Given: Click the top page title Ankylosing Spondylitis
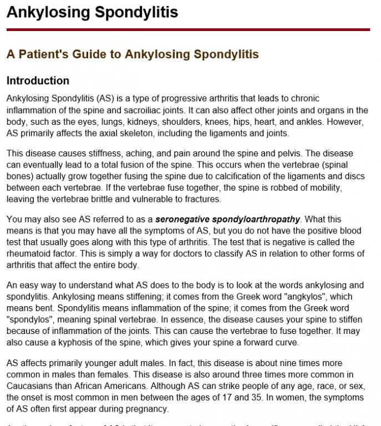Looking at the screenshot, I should (92, 12).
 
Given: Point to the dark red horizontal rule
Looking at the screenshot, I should (188, 29).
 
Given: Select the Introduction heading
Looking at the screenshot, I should (38, 81).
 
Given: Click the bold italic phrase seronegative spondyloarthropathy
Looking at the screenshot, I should (227, 219).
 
